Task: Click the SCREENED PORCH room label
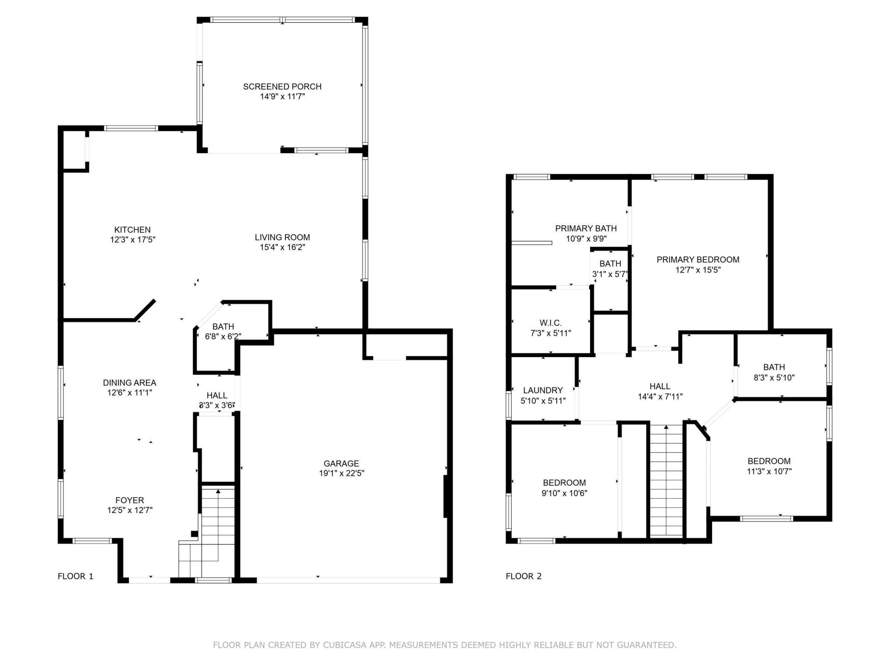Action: pyautogui.click(x=282, y=86)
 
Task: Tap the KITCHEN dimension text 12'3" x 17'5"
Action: pyautogui.click(x=133, y=240)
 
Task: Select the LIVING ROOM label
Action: pyautogui.click(x=282, y=237)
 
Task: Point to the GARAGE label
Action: pyautogui.click(x=341, y=463)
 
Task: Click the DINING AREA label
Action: pyautogui.click(x=129, y=382)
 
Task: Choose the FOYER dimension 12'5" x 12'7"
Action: pyautogui.click(x=130, y=510)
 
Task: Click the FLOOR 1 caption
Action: pyautogui.click(x=76, y=576)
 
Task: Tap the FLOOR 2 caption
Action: pyautogui.click(x=523, y=576)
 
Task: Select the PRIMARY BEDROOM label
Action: pyautogui.click(x=698, y=259)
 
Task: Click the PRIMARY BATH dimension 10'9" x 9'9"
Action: pyautogui.click(x=586, y=239)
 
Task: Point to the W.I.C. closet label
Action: pyautogui.click(x=550, y=323)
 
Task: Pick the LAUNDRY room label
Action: pyautogui.click(x=543, y=390)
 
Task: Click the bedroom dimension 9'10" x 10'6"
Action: pyautogui.click(x=564, y=493)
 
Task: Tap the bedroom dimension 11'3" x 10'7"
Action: pyautogui.click(x=769, y=471)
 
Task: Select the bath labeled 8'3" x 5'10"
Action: pyautogui.click(x=774, y=378)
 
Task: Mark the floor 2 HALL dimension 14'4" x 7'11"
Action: pyautogui.click(x=660, y=397)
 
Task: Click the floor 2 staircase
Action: pyautogui.click(x=666, y=482)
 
